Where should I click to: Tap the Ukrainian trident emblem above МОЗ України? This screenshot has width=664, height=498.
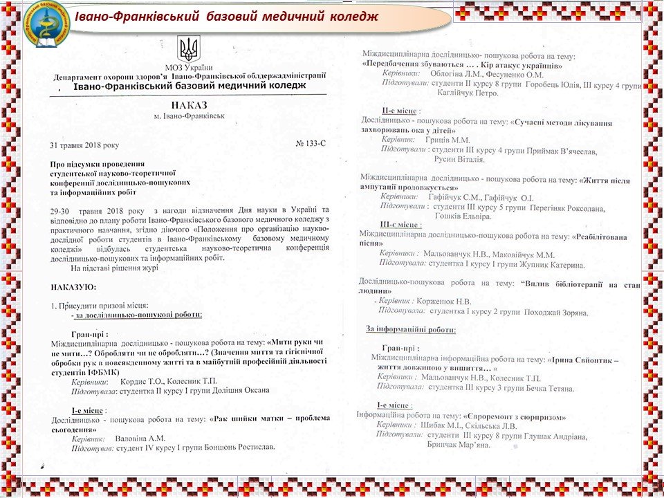click(x=187, y=49)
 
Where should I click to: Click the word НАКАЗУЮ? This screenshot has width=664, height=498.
click(x=74, y=286)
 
